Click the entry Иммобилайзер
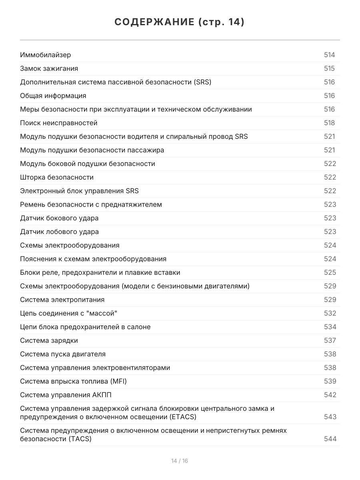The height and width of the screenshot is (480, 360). click(x=46, y=55)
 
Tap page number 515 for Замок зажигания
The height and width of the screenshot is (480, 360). click(x=329, y=68)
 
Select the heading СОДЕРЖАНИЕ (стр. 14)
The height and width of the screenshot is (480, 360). click(x=180, y=22)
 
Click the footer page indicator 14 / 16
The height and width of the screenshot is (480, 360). click(x=180, y=461)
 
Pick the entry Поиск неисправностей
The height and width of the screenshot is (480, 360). click(x=59, y=123)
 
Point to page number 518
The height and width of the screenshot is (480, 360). click(x=329, y=123)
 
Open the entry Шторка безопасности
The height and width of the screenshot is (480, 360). click(x=57, y=177)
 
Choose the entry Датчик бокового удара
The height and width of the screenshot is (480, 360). click(x=59, y=218)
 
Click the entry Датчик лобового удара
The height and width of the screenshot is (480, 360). click(x=59, y=232)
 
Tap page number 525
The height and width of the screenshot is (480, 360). click(x=330, y=272)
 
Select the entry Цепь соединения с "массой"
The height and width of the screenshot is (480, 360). click(x=69, y=313)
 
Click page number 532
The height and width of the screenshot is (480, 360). click(x=330, y=313)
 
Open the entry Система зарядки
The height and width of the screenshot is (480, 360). click(x=49, y=340)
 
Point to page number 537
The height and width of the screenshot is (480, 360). click(x=330, y=340)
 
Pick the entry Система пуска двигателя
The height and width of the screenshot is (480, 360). click(x=63, y=354)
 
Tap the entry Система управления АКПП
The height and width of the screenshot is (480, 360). click(x=66, y=395)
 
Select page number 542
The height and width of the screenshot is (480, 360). click(x=330, y=395)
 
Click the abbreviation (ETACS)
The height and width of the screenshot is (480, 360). click(x=182, y=417)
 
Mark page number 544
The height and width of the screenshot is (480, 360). click(x=330, y=439)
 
